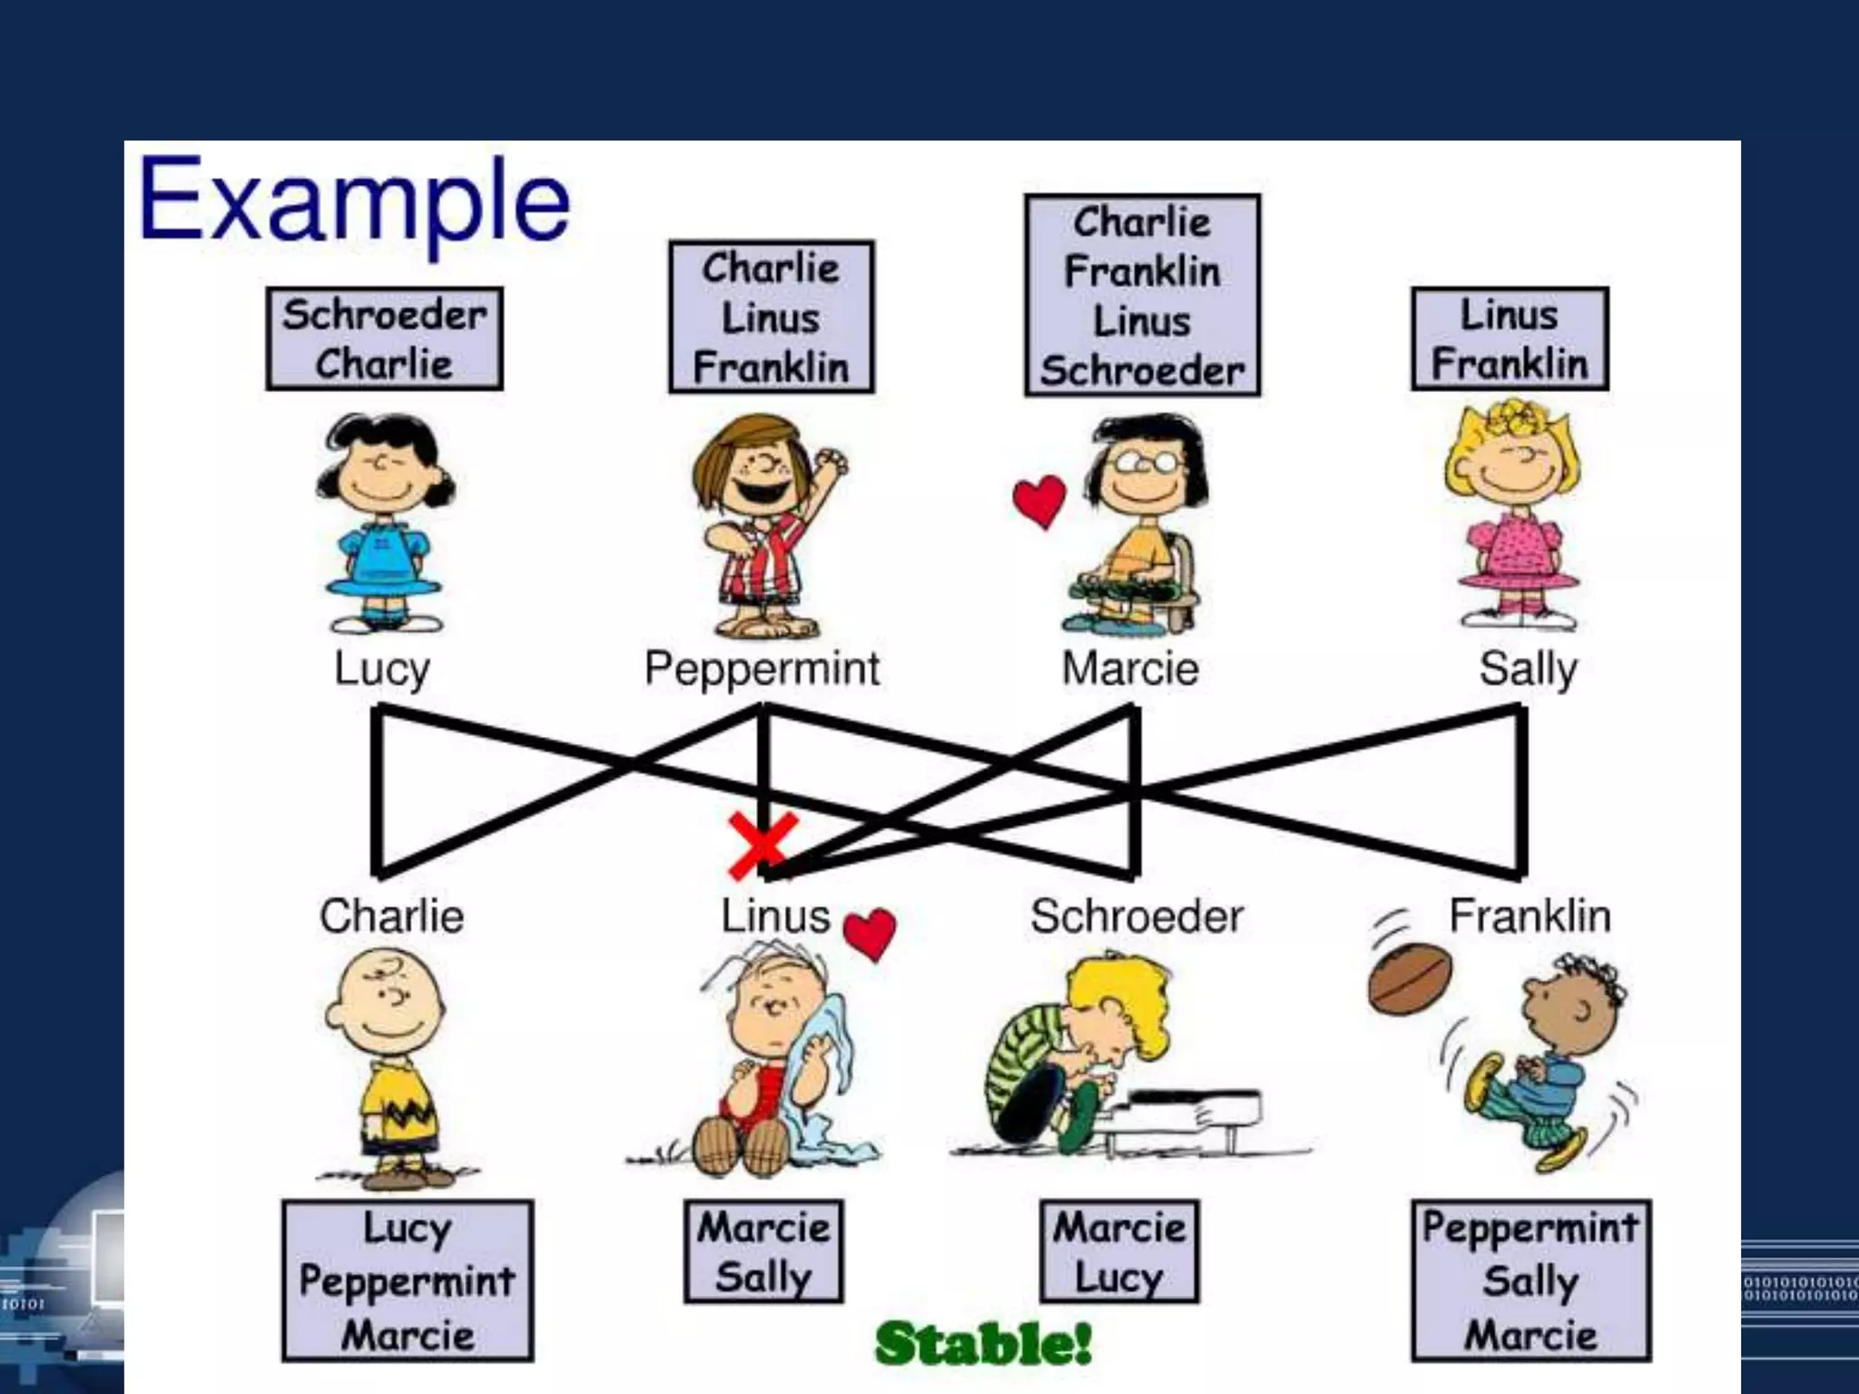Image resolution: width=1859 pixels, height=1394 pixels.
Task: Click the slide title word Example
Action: (354, 201)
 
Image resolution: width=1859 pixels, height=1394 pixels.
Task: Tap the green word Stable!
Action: (983, 1343)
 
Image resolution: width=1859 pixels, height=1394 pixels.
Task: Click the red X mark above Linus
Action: (762, 845)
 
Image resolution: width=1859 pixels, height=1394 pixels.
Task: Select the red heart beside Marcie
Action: (1038, 500)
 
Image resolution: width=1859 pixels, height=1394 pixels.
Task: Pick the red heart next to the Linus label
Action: (870, 934)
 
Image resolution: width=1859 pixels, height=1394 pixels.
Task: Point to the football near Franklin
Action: (1410, 979)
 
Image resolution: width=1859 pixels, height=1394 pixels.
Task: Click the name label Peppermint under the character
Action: (762, 669)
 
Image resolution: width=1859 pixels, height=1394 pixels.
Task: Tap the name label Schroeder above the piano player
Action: (1136, 916)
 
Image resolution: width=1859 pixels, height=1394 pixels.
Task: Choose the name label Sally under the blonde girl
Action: (1528, 670)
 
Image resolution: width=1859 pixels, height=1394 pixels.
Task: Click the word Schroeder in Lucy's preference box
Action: (385, 315)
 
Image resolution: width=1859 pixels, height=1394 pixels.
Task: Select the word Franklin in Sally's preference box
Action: (1510, 364)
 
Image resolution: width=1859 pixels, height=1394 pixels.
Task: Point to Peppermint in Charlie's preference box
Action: (408, 1281)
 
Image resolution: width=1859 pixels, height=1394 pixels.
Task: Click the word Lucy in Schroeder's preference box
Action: (1118, 1278)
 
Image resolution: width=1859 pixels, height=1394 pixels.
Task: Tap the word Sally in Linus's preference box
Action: (762, 1278)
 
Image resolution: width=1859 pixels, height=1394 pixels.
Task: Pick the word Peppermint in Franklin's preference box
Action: (1530, 1228)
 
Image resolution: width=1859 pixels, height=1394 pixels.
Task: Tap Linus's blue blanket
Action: (831, 1080)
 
